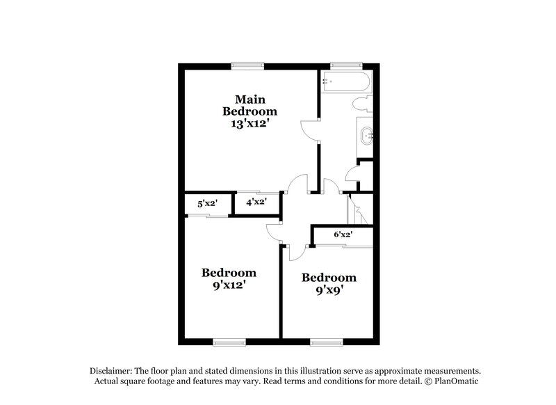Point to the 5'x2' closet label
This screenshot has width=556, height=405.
(206, 204)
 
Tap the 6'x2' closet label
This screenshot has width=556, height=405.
(343, 235)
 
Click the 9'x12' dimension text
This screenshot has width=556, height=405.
(228, 285)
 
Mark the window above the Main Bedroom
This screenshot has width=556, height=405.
(249, 65)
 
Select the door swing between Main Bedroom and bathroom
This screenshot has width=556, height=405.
(308, 129)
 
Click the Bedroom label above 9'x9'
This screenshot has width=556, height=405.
(328, 278)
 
